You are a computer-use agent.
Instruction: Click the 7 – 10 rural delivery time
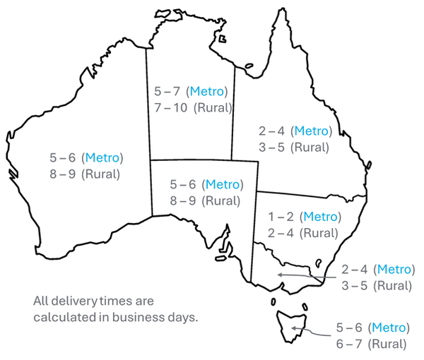170,108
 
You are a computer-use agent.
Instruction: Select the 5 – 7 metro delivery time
167,91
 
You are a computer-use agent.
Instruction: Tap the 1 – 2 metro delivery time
281,217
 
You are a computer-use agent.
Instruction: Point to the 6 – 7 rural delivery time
349,344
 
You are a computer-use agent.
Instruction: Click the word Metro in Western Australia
102,157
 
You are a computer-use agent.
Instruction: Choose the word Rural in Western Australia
101,174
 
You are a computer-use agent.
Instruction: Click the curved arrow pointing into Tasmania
311,331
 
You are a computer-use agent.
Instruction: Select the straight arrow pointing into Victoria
307,276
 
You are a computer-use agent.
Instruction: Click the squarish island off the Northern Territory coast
223,39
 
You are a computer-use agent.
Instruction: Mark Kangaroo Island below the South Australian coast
220,258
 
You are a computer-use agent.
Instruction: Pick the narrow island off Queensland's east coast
369,165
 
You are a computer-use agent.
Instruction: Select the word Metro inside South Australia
223,184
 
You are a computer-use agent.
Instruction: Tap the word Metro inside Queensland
311,131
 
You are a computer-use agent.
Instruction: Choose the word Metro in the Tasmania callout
389,328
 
